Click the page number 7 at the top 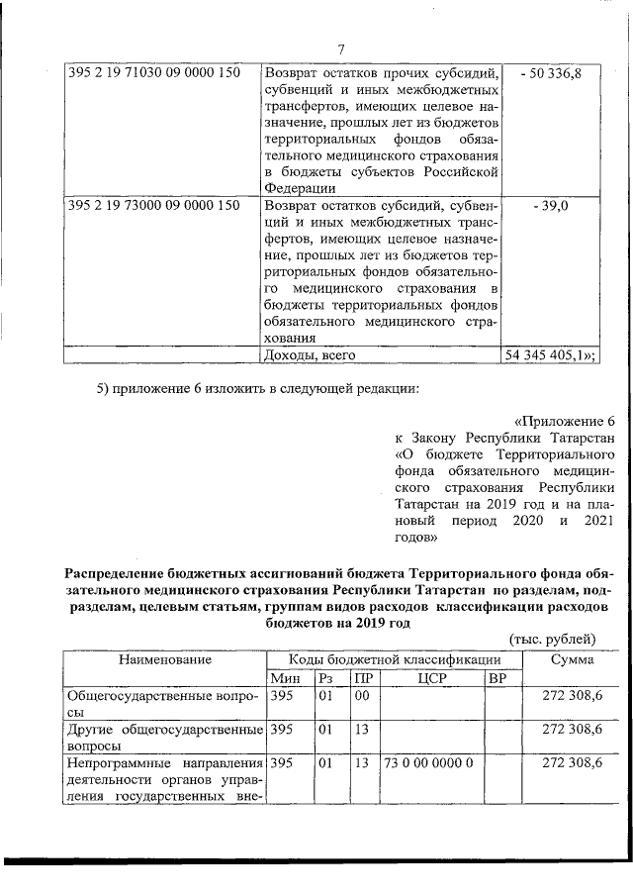point(340,50)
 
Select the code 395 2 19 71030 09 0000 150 point(154,73)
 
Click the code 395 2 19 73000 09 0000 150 point(154,206)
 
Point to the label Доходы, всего point(308,352)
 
